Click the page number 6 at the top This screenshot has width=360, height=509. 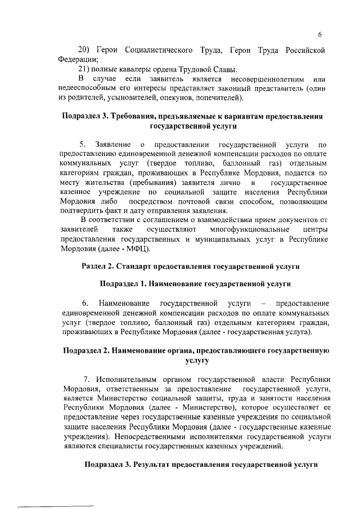(x=319, y=33)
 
